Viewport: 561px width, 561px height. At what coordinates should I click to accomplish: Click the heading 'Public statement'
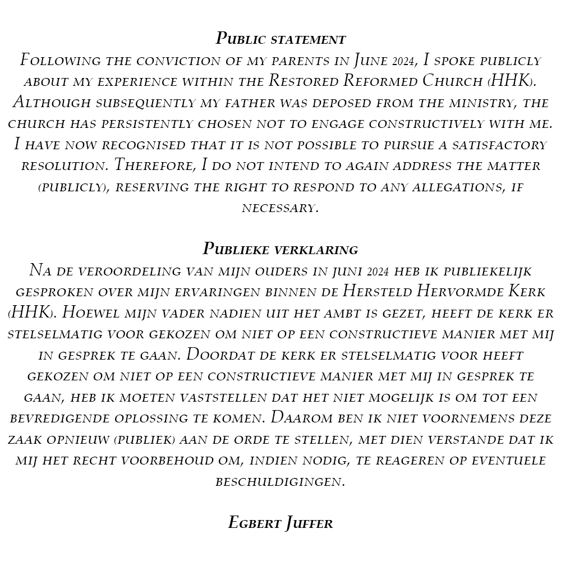[280, 39]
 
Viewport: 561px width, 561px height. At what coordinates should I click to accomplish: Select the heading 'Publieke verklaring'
[280, 249]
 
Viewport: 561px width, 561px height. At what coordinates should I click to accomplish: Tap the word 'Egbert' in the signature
[251, 523]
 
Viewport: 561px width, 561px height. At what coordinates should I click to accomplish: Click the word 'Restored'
[304, 81]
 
